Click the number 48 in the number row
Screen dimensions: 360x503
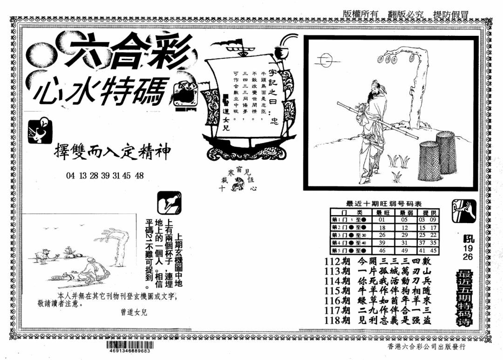tap(139, 176)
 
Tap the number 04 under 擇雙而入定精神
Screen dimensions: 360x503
tap(71, 176)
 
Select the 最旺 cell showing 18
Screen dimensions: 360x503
tap(382, 227)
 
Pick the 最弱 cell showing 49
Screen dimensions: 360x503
tap(404, 251)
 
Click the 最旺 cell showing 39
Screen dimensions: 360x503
tap(382, 243)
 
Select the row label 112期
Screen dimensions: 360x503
tap(338, 261)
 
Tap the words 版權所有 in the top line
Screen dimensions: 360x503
tap(360, 14)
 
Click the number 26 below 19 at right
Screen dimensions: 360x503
tap(467, 257)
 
